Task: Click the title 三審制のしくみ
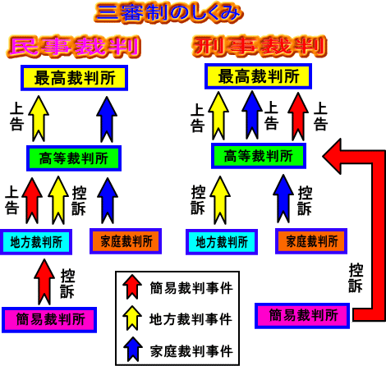pyautogui.click(x=168, y=12)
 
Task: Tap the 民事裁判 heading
pyautogui.click(x=73, y=47)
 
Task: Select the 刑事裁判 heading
pyautogui.click(x=260, y=46)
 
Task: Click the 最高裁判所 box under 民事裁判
pyautogui.click(x=74, y=78)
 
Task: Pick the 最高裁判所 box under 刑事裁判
pyautogui.click(x=258, y=76)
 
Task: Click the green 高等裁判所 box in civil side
pyautogui.click(x=74, y=158)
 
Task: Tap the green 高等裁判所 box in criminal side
pyautogui.click(x=259, y=156)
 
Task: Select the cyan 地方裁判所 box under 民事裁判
pyautogui.click(x=36, y=242)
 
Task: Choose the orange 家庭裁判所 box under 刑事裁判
pyautogui.click(x=311, y=241)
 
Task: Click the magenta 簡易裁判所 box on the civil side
pyautogui.click(x=49, y=320)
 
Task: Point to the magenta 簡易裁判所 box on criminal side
pyautogui.click(x=302, y=315)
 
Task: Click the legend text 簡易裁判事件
pyautogui.click(x=191, y=288)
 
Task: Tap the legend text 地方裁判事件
pyautogui.click(x=191, y=319)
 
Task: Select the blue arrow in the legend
pyautogui.click(x=133, y=349)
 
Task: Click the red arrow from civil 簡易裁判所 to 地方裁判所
pyautogui.click(x=44, y=281)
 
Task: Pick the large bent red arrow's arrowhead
pyautogui.click(x=333, y=157)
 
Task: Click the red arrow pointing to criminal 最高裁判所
pyautogui.click(x=298, y=117)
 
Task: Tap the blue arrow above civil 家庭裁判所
pyautogui.click(x=108, y=200)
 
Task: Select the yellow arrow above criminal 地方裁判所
pyautogui.click(x=220, y=200)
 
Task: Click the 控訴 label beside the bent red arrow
pyautogui.click(x=356, y=278)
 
